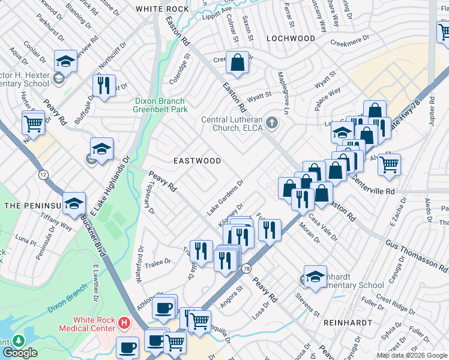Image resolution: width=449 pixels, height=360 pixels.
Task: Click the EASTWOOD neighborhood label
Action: (197, 161)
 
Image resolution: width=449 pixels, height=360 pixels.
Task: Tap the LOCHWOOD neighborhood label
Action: (291, 38)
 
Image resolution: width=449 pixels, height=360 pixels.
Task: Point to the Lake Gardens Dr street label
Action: (225, 198)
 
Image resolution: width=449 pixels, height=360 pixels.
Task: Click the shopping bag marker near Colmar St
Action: (238, 62)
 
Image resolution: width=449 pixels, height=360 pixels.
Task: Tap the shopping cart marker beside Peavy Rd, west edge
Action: (34, 123)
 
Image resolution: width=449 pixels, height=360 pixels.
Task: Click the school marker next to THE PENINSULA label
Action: (74, 205)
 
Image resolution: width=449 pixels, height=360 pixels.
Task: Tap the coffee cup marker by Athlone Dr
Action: (164, 307)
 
